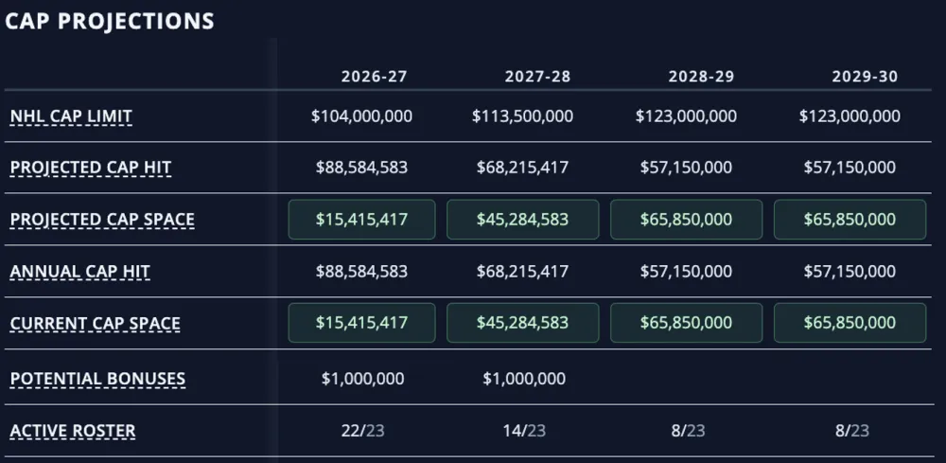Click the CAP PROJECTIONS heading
109,21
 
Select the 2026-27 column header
374,77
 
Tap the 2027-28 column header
537,77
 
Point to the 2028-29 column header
701,77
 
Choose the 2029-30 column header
865,77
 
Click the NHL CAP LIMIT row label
71,116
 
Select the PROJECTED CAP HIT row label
91,168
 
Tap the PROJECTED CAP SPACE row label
102,219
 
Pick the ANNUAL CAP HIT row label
80,272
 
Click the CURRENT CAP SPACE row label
96,324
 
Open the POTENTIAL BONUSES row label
97,379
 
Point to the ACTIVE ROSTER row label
73,431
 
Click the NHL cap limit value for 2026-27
362,116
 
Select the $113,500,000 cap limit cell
522,116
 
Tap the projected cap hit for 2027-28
522,168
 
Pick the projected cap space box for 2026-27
362,219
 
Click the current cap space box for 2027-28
522,323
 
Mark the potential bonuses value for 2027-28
524,379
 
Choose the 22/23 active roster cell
362,431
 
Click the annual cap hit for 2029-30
850,271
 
